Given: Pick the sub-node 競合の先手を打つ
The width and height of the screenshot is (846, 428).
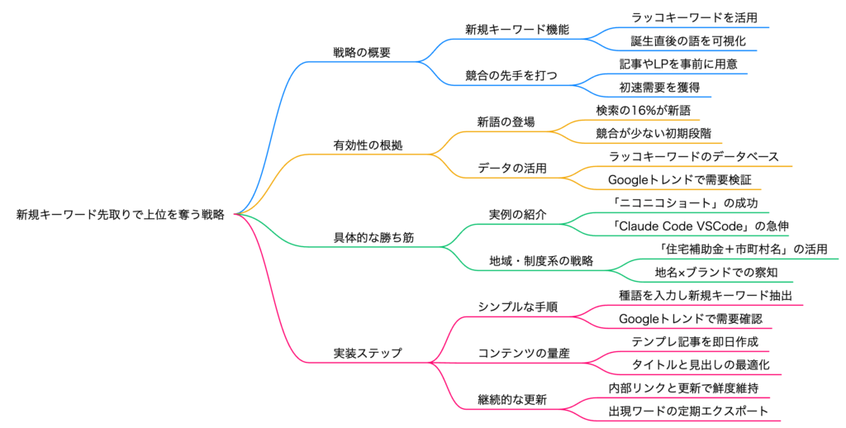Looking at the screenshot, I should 511,75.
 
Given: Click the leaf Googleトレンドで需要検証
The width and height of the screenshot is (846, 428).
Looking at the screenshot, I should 679,179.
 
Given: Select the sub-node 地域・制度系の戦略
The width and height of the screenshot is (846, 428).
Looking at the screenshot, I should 541,261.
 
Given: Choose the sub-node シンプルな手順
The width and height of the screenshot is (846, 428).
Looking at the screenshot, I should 517,307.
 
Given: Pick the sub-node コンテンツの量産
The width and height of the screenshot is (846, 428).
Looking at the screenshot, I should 523,353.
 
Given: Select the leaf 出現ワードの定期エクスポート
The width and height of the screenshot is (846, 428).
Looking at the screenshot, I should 688,411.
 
